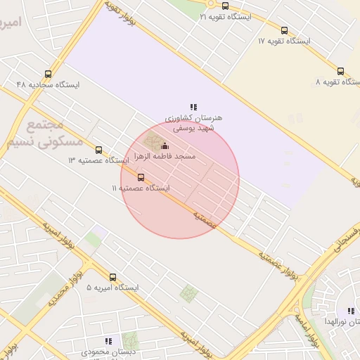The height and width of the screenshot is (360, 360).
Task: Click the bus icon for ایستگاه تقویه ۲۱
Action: point(225,6)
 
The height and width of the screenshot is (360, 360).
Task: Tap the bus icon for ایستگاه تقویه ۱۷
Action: point(284,31)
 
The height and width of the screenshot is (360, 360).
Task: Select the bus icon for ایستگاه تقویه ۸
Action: point(341,71)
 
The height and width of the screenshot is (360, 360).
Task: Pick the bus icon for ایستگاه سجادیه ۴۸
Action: point(48,74)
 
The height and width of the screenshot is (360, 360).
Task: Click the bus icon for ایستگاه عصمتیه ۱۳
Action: point(98,150)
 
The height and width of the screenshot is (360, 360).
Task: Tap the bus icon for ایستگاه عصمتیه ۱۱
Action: point(141,177)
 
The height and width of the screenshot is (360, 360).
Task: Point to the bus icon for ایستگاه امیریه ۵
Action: point(113,277)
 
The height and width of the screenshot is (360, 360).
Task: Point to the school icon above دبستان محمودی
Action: point(108,341)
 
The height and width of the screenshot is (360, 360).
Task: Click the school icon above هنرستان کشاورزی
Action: point(193,107)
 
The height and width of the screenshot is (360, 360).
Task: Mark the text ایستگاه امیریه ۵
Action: point(113,288)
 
